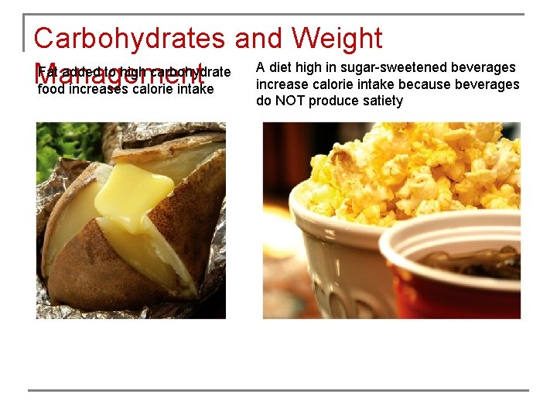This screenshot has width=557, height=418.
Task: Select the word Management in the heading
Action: [120, 76]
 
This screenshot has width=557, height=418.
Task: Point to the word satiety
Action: [381, 101]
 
